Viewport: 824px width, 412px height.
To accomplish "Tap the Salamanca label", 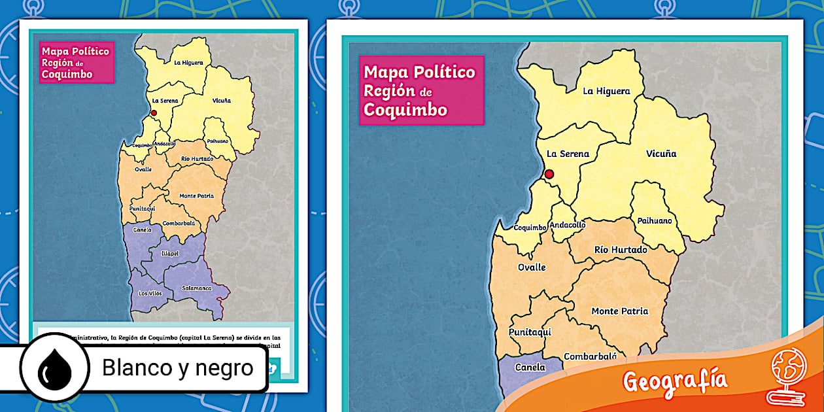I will (x=197, y=288).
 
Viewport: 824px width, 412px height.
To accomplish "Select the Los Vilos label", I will (x=150, y=294).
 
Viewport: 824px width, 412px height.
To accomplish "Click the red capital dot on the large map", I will (x=549, y=174).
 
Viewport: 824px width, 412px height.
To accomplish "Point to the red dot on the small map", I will (x=154, y=112).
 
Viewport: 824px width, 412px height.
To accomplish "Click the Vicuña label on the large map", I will (x=661, y=154).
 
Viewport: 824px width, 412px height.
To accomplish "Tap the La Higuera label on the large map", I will (x=606, y=92).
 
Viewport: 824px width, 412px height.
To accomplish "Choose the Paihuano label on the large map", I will (x=655, y=220).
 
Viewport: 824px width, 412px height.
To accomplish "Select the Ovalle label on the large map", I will (x=531, y=267).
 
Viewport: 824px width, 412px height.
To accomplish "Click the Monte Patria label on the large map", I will (x=619, y=311).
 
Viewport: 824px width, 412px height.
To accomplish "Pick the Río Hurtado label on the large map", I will (x=621, y=250).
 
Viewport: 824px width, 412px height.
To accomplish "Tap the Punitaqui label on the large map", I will (x=530, y=332).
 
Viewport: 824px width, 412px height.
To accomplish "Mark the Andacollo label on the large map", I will (x=568, y=225).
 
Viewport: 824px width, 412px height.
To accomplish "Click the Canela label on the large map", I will (x=530, y=368).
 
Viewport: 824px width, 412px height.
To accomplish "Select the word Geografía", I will (x=674, y=381).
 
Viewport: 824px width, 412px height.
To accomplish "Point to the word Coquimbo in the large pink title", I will (x=405, y=110).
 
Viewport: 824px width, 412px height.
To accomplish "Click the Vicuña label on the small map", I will (x=221, y=101).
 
